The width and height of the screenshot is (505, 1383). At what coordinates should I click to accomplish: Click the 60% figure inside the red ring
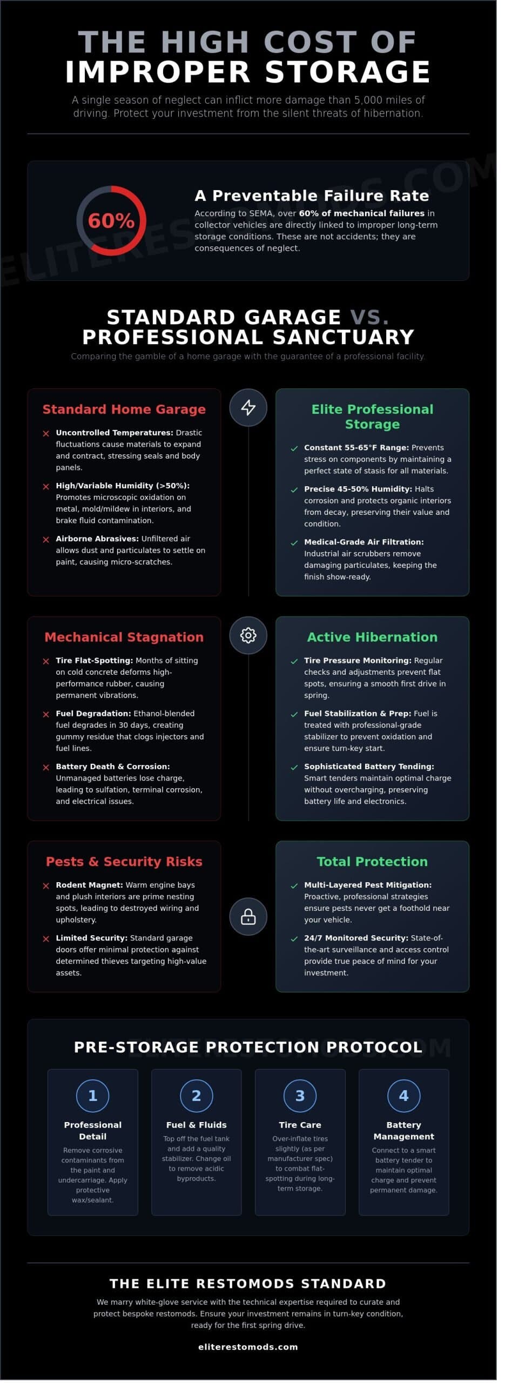(x=111, y=220)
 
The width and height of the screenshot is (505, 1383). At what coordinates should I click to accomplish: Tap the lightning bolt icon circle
(x=248, y=407)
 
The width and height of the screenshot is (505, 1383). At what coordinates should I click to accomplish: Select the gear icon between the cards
(x=248, y=635)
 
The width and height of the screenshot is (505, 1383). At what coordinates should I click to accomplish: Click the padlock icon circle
(x=248, y=917)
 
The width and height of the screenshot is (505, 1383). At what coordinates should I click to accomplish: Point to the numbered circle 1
(x=93, y=1096)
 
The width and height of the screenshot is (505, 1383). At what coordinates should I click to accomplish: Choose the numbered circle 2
(x=196, y=1096)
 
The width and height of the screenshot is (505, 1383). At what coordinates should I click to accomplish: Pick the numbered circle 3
(x=300, y=1096)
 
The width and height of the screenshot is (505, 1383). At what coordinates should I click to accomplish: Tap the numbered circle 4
(x=403, y=1096)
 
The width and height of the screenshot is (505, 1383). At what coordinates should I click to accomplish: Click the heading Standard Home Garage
(x=124, y=409)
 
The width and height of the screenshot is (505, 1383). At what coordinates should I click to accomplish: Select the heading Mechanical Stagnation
(x=124, y=637)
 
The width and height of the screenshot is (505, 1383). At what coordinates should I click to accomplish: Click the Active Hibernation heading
(x=372, y=637)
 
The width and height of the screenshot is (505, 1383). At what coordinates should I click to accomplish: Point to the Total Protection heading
(x=372, y=862)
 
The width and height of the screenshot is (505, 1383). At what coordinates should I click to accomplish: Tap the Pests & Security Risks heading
(x=124, y=862)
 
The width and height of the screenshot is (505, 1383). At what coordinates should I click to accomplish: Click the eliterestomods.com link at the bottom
(x=248, y=1347)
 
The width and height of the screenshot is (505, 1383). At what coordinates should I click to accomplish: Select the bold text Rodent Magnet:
(x=89, y=885)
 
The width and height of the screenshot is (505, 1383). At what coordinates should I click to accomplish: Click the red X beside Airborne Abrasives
(x=46, y=539)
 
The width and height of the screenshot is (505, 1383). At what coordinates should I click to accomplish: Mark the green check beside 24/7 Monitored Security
(x=294, y=938)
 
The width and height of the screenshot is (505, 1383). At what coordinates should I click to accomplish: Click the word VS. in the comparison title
(x=369, y=317)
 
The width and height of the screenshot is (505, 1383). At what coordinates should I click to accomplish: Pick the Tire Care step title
(x=300, y=1125)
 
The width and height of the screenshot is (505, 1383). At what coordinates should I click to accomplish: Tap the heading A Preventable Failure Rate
(x=312, y=196)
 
